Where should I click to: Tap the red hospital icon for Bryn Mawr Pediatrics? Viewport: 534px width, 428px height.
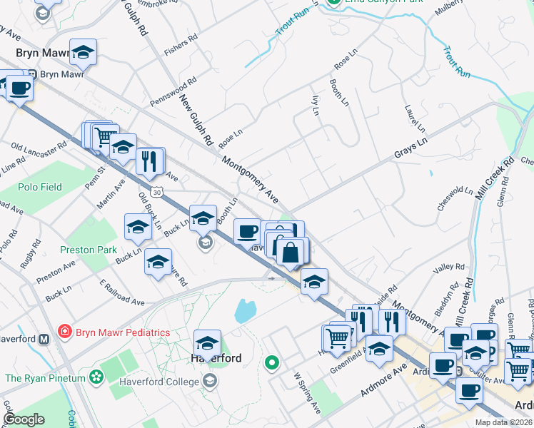click(65, 332)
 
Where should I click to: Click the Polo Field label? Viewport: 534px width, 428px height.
click(41, 187)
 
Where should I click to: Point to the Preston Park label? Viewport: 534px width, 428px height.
click(88, 250)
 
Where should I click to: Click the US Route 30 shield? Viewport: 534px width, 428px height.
click(156, 192)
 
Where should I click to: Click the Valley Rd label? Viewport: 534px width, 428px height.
click(450, 269)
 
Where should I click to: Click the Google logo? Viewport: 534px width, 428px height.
click(24, 419)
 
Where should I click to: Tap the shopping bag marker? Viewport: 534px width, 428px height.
click(291, 252)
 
